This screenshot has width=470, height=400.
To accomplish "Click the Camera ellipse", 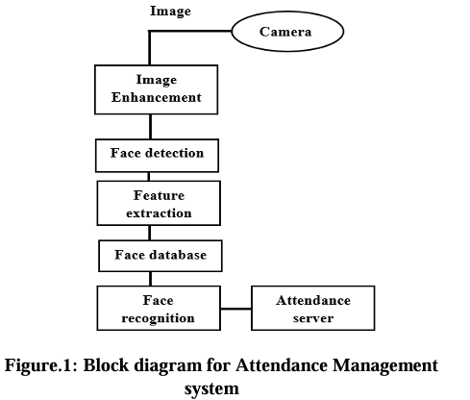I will [x=287, y=32].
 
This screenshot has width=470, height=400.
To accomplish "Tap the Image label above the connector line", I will [x=170, y=12].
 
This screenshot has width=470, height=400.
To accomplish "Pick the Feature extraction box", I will [x=160, y=204].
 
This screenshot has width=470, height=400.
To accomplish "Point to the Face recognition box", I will [x=160, y=309].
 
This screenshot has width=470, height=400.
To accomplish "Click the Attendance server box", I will [x=312, y=309].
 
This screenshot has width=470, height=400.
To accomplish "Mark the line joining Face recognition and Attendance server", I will [x=236, y=310].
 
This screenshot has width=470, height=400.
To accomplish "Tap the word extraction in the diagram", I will [x=160, y=212].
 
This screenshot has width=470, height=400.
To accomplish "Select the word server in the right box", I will [x=312, y=317].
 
